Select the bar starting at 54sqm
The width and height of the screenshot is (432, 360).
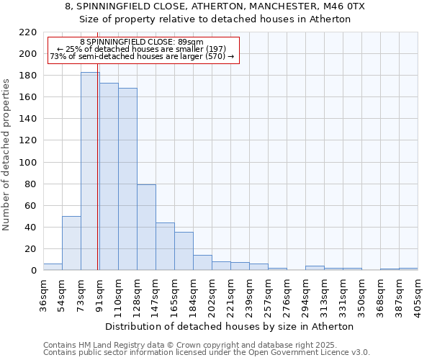coord(71,243)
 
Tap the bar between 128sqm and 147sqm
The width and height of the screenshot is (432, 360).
coord(146,228)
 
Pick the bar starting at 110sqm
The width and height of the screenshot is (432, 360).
coord(127,179)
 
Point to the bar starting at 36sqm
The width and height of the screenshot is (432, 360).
coord(53,266)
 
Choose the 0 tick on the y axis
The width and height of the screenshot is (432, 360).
coord(33,271)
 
